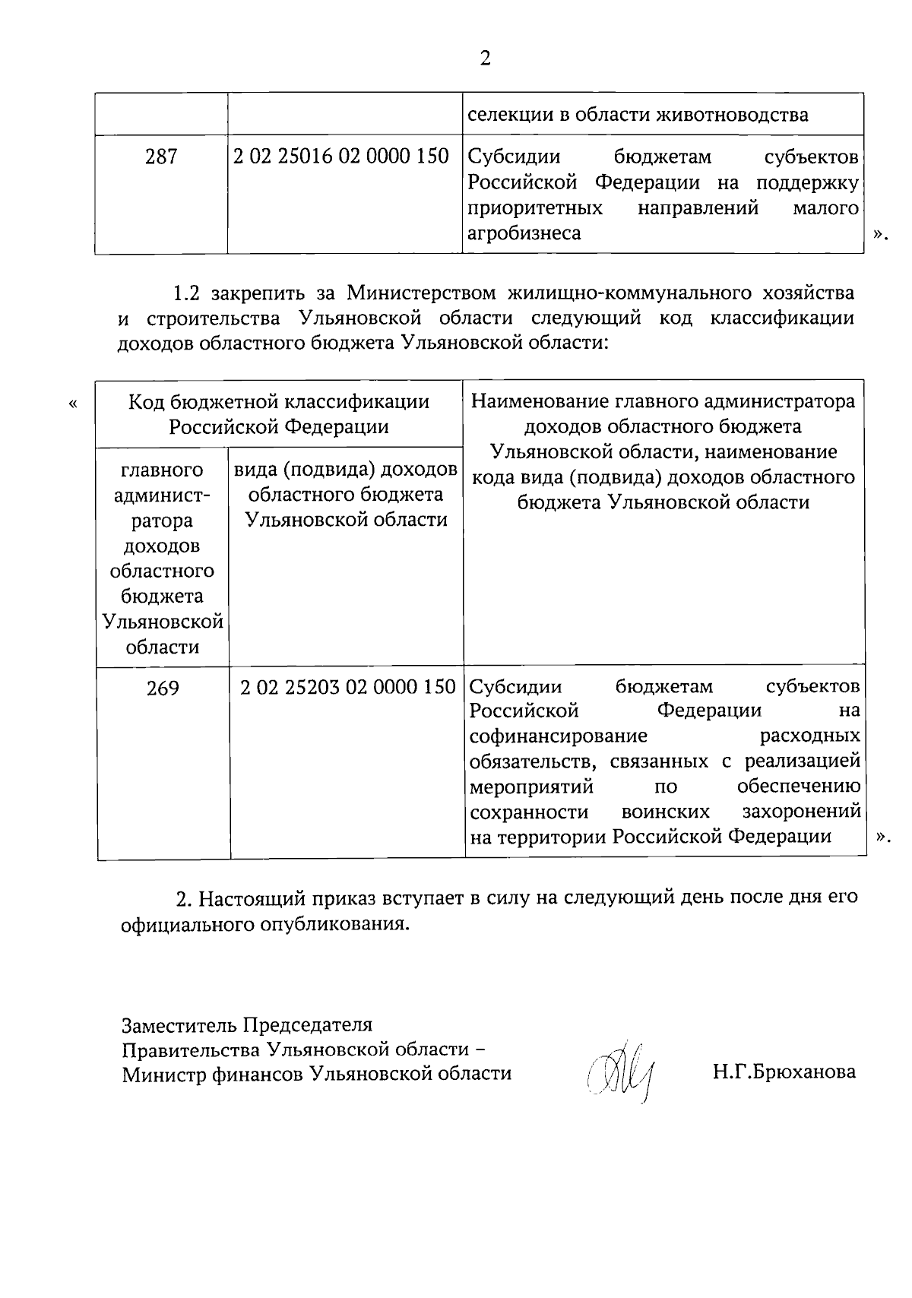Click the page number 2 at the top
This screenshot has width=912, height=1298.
click(x=485, y=59)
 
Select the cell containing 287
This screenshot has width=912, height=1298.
click(x=161, y=157)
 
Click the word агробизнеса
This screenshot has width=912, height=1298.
click(x=524, y=233)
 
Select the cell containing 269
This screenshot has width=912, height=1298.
click(x=163, y=688)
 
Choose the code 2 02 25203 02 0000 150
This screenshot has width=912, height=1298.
click(x=347, y=688)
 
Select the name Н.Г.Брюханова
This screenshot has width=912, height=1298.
click(x=784, y=1072)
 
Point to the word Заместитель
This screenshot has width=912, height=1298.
click(x=180, y=1025)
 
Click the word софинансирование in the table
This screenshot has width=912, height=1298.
click(x=559, y=736)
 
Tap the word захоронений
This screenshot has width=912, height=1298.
click(x=801, y=812)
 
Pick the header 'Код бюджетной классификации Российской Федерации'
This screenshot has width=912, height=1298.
click(x=278, y=413)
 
